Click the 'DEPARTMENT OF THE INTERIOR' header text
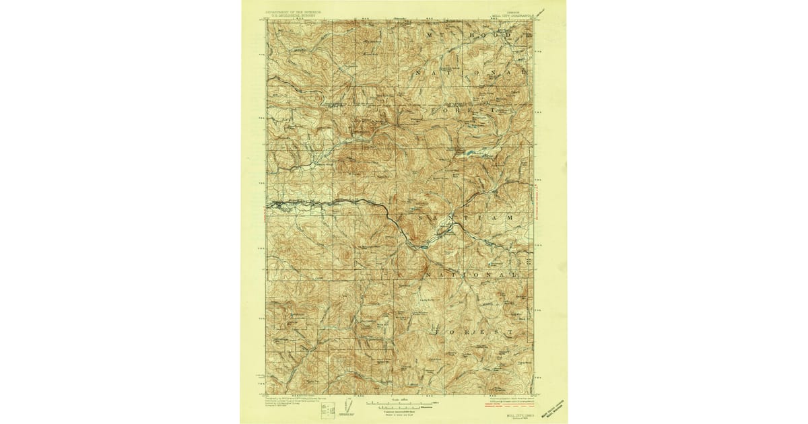295,11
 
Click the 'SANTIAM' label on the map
459,218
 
